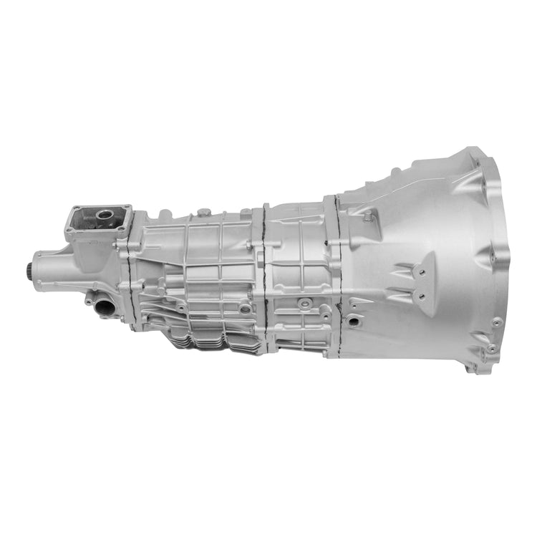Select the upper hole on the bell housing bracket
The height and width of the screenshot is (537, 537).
click(421, 273)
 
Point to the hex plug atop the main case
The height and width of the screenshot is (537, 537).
click(206, 212)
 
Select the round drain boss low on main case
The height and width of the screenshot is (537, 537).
click(245, 309)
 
